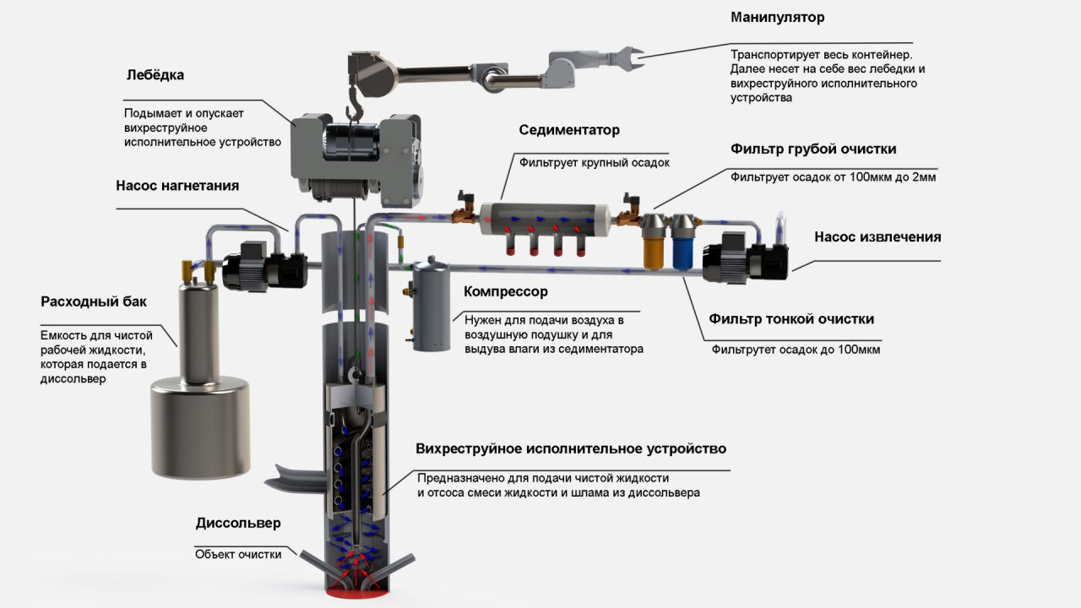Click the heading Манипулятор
tap(777, 18)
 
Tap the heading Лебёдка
tap(155, 75)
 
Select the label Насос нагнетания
tap(177, 186)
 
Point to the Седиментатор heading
tap(569, 130)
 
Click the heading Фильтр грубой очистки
tap(813, 149)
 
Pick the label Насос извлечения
tap(877, 237)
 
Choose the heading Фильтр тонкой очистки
tap(791, 319)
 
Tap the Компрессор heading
tap(505, 292)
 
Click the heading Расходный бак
tap(94, 302)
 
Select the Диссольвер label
tap(238, 524)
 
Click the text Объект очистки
tap(238, 555)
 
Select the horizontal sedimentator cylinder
tap(546, 220)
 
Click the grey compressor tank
tap(431, 307)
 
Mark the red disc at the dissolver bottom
tap(357, 594)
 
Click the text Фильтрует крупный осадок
tap(594, 163)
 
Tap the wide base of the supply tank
tap(200, 427)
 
